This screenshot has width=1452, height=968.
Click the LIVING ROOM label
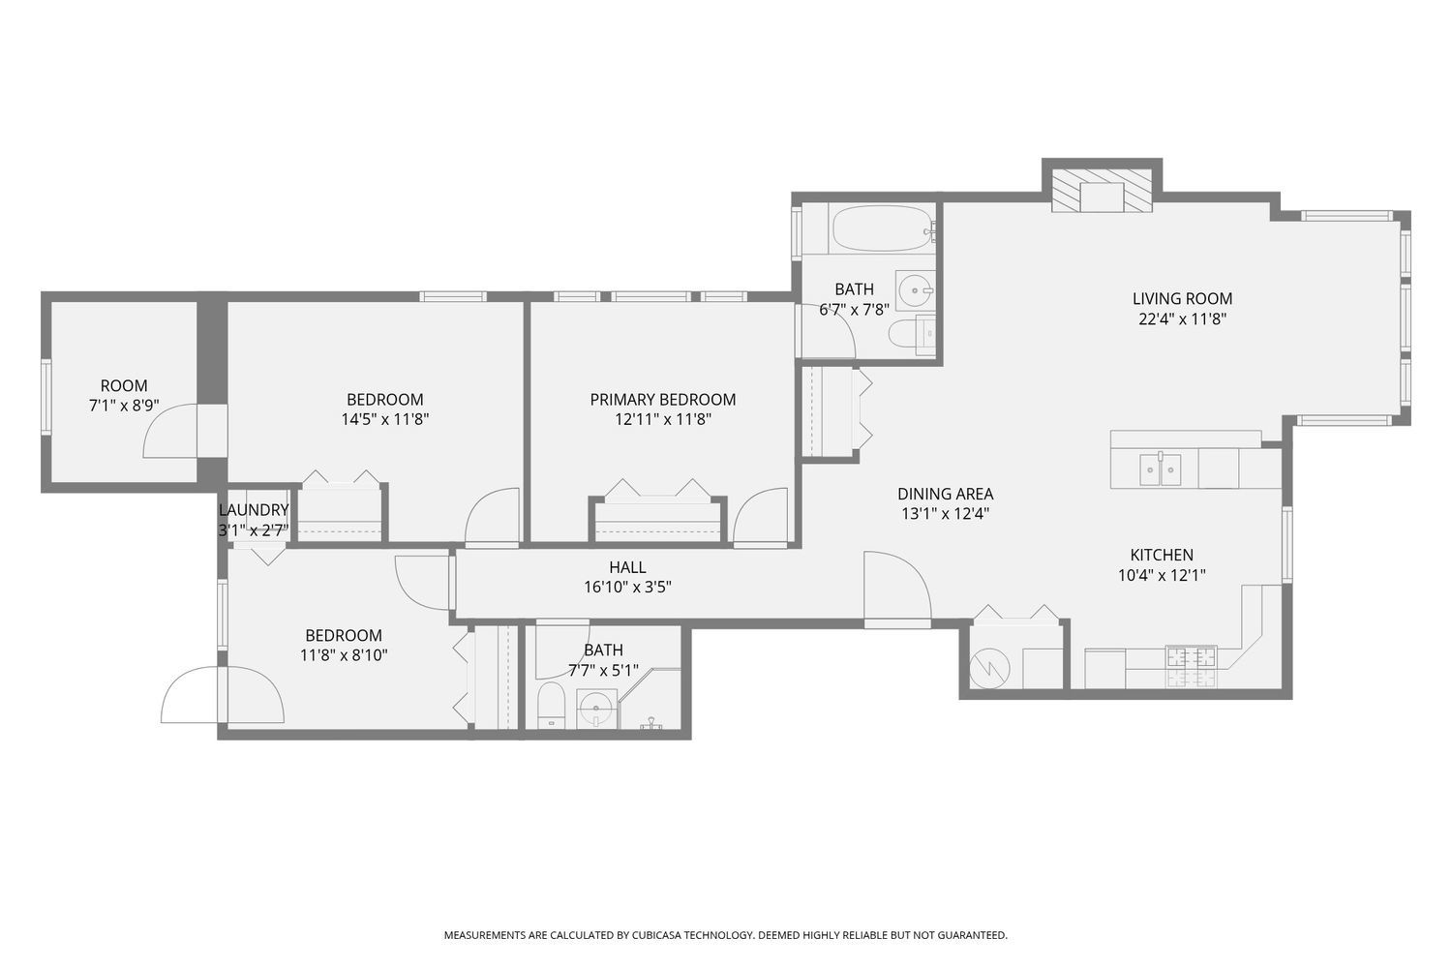pos(1182,299)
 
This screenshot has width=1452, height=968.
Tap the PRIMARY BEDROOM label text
pos(662,400)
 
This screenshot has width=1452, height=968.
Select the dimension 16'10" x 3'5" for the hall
pos(627,588)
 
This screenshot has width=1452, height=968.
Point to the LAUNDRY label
pos(254,510)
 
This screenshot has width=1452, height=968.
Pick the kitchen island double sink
pos(1160,469)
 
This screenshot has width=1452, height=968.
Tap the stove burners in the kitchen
pos(1192,667)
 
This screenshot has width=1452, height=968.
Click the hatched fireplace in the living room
pos(1102,191)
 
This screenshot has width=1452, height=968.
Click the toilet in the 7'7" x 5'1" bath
pos(551,705)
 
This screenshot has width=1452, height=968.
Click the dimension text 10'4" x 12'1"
pos(1162,575)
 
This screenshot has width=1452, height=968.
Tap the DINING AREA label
pos(945,494)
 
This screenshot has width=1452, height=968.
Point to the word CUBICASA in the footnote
pos(652,935)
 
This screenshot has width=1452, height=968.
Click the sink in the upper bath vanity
pos(915,290)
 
